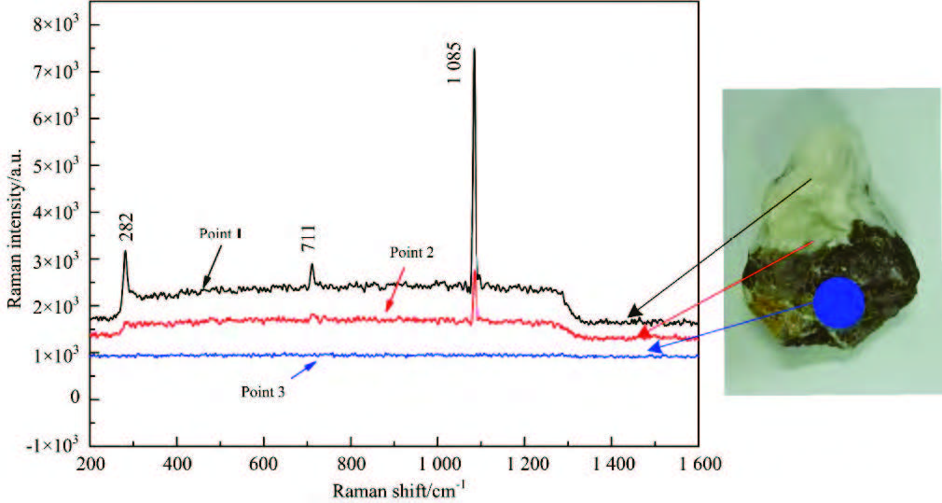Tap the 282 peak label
click(x=127, y=231)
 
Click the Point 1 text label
click(x=220, y=233)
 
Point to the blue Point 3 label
click(x=261, y=392)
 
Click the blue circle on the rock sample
click(x=838, y=302)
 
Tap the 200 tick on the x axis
click(x=90, y=463)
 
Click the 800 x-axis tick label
click(x=351, y=463)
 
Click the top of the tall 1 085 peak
click(x=474, y=50)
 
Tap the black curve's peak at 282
click(x=125, y=253)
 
